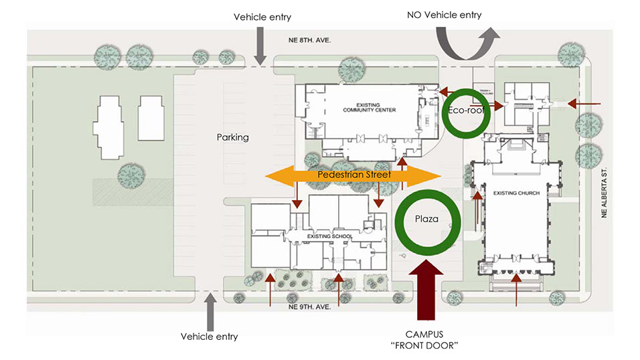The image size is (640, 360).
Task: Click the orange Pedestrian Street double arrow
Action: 353,175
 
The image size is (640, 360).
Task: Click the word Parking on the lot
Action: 233,137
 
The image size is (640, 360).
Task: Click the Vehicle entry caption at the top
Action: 261,16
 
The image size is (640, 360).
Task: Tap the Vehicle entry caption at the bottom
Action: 209,336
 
